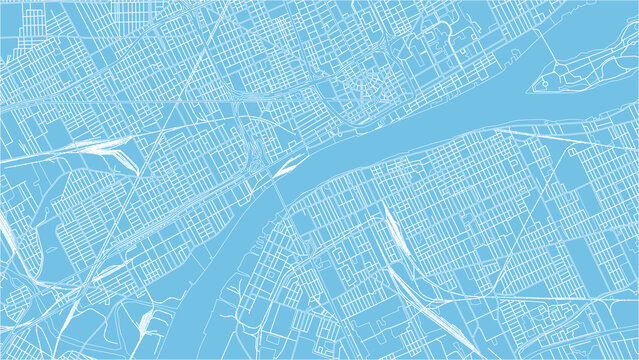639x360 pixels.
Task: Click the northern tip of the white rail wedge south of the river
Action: point(384,205)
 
